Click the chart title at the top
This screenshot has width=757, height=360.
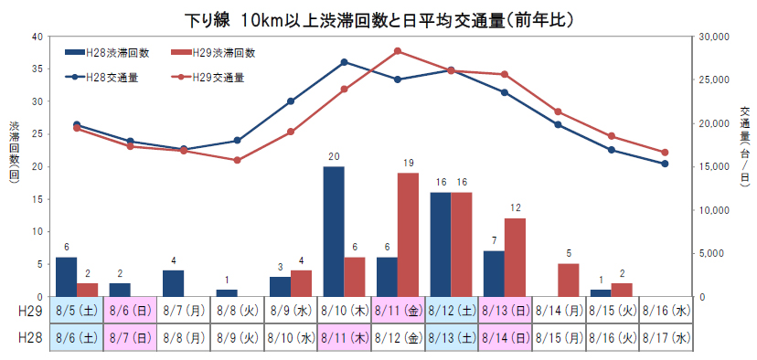[x=378, y=16]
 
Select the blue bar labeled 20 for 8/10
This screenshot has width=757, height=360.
[x=334, y=231]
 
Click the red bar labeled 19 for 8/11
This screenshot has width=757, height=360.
[x=408, y=234]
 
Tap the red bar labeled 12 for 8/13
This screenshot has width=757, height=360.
[x=515, y=257]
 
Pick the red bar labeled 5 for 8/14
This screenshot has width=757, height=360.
[x=568, y=280]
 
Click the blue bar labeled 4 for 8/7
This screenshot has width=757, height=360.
[x=174, y=283]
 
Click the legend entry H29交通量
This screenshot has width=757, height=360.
[x=208, y=78]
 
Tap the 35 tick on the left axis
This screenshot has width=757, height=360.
[x=37, y=69]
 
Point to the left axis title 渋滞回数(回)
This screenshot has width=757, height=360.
[x=14, y=154]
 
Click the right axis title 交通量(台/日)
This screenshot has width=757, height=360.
[x=744, y=143]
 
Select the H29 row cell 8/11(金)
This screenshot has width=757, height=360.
[x=398, y=310]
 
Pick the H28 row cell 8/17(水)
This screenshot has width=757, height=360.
[x=665, y=337]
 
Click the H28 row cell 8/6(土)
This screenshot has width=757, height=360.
[x=78, y=337]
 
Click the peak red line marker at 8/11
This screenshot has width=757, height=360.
[x=398, y=51]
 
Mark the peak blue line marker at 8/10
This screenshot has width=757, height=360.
[x=344, y=62]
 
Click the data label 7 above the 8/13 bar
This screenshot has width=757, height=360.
[x=494, y=239]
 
